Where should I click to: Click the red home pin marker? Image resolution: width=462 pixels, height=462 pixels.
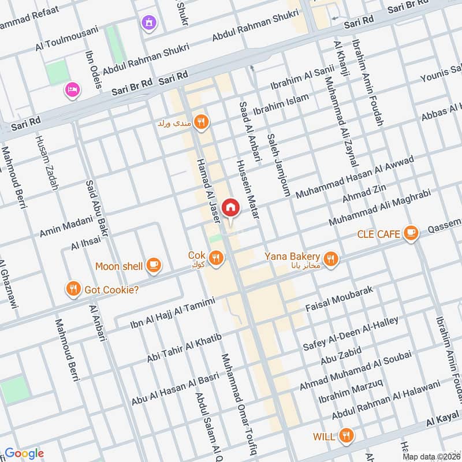[230, 207]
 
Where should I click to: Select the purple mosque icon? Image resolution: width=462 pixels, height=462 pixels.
[150, 23]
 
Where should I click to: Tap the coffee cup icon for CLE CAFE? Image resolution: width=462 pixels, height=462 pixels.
[411, 233]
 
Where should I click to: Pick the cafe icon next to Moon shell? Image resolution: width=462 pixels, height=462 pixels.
[153, 265]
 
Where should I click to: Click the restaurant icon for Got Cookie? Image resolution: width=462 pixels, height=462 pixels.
[73, 289]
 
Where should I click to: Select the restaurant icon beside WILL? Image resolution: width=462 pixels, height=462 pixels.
[346, 435]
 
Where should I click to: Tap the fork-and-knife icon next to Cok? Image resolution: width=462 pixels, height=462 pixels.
[217, 258]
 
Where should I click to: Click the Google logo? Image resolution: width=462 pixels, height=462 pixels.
[24, 453]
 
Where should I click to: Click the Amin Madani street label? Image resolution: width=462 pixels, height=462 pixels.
[66, 226]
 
